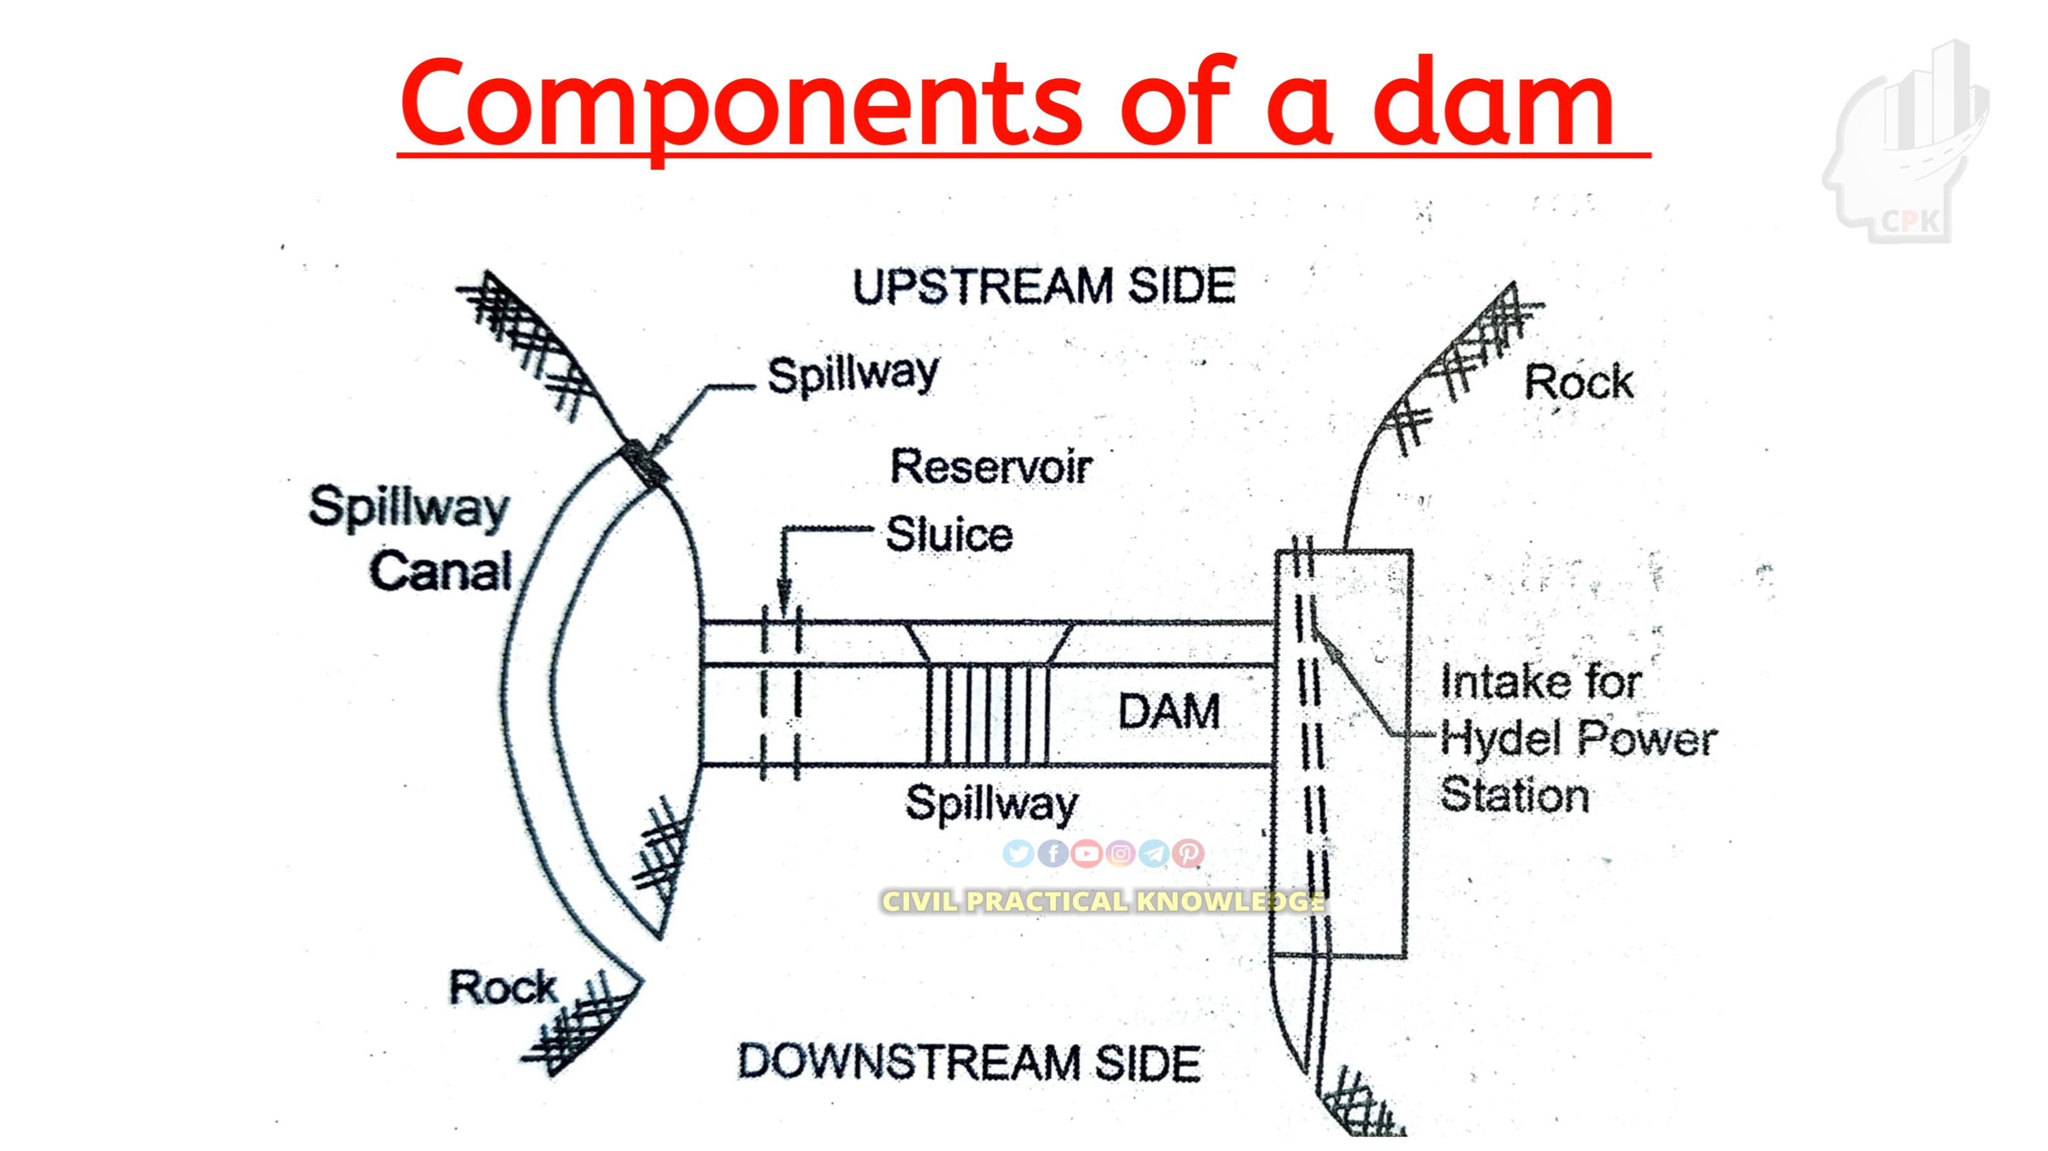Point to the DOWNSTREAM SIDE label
(x=969, y=1062)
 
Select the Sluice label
(x=949, y=534)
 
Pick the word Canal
(x=440, y=571)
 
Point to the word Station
(x=1515, y=796)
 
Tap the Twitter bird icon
(x=1018, y=853)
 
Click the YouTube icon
(x=1086, y=853)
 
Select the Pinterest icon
(x=1188, y=853)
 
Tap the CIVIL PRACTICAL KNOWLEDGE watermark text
(x=1102, y=901)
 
